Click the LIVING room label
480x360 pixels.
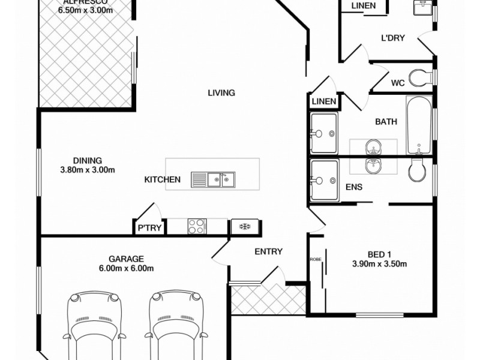[x=221, y=93]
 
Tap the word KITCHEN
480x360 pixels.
[x=162, y=179]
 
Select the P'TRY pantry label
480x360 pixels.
[x=149, y=228]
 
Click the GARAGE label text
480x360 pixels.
[x=125, y=259]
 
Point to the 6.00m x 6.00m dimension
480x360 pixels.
[x=125, y=269]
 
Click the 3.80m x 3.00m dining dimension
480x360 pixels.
[x=88, y=170]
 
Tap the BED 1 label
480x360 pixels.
[x=379, y=253]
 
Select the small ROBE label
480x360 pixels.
[x=316, y=259]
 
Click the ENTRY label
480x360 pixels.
[x=268, y=252]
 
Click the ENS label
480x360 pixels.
[x=353, y=187]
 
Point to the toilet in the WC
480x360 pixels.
[x=418, y=78]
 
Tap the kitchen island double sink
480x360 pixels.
[x=213, y=179]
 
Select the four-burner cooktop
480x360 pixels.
[x=197, y=226]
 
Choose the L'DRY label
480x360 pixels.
[x=393, y=38]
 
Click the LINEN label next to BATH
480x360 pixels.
[x=324, y=101]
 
